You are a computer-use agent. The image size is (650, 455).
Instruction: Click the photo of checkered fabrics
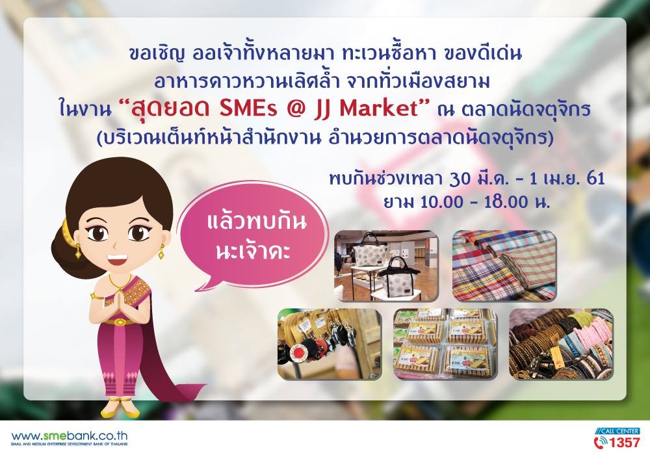coord(504,265)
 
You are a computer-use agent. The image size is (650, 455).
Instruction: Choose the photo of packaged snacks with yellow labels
coord(445,344)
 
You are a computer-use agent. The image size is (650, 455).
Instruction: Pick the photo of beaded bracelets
coord(560,344)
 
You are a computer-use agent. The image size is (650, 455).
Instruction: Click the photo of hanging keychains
coord(329,344)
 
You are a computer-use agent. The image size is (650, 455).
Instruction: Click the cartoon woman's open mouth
coord(115,259)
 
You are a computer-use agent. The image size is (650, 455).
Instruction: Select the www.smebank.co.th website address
coord(70,436)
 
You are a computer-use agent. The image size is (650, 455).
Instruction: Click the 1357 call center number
coord(624,442)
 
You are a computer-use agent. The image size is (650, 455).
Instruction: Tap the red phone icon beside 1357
coord(600,442)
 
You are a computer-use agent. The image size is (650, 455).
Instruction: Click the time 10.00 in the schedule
coord(441,201)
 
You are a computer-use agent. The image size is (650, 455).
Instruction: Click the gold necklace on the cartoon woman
coord(120,282)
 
